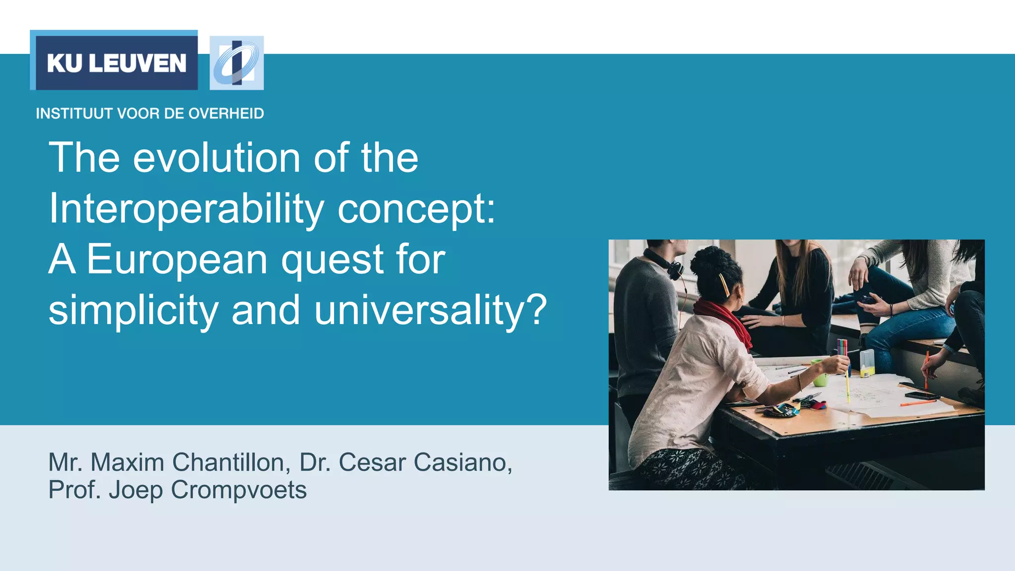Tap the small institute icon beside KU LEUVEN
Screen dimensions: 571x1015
(x=236, y=63)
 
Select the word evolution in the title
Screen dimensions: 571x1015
(x=217, y=158)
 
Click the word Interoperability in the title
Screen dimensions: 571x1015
(x=186, y=209)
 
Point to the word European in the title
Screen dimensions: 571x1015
(x=177, y=260)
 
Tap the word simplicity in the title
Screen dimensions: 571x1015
(x=133, y=311)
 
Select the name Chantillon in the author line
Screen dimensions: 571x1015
(x=231, y=462)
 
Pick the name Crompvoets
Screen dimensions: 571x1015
(x=238, y=490)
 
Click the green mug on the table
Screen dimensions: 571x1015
(x=820, y=378)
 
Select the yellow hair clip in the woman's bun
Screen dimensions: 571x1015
(x=724, y=284)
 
